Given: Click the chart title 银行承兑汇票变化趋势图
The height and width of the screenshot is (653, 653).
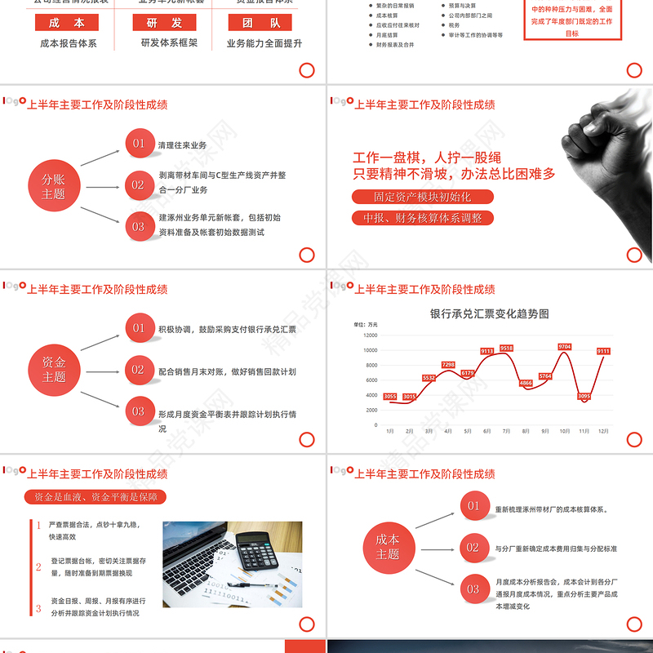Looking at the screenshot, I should pos(490,313).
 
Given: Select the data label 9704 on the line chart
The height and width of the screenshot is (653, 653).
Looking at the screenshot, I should pos(564,347).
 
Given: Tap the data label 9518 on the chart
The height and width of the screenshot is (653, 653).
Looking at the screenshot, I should pos(506,349).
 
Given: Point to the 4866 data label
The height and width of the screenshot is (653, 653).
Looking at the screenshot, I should pos(526,383).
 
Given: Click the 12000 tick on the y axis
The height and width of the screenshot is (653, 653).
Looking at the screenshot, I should pos(370,335).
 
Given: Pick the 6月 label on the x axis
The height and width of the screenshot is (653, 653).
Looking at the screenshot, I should pos(486,431).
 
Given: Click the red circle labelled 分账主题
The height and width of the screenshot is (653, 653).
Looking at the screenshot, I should pos(54,187).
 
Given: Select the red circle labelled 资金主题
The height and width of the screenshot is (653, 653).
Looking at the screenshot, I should pos(54,370).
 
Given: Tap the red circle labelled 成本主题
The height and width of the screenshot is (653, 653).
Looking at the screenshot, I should pos(388,547).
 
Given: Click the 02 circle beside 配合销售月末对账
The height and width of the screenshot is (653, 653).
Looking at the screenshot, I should pos(138,370).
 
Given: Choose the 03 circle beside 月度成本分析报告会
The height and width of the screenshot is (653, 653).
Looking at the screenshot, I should pos(473,589).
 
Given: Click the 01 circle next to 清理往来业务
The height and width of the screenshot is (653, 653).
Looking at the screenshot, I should pos(139,144).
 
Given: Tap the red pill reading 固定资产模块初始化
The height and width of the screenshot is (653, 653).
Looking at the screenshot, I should pos(423,197).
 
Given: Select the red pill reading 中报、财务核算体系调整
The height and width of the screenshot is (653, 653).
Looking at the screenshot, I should pos(423,218).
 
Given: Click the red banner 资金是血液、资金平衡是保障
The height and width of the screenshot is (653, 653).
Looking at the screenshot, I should pos(96,497).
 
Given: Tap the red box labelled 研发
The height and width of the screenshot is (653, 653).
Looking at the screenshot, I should pos(170,23).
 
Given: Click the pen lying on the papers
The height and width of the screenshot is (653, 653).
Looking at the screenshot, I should pos(245,584).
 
